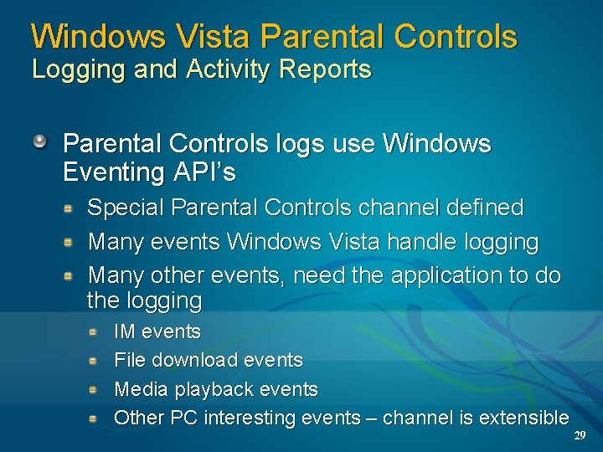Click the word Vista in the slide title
point(215,36)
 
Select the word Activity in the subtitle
point(220,70)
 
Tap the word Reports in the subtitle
point(327,70)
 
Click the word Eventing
point(114,173)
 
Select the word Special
point(130,207)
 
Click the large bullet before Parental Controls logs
point(39,141)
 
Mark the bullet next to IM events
point(95,331)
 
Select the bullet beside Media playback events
point(95,388)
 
